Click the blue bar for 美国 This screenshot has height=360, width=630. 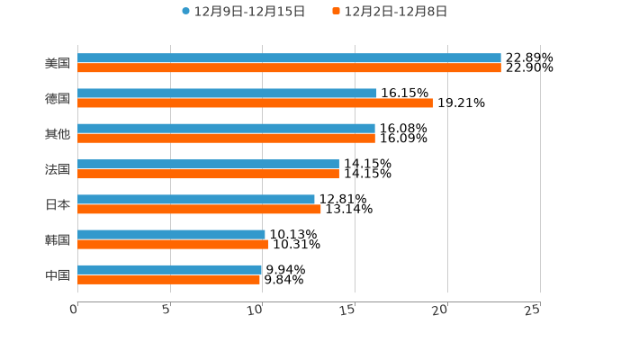[x=289, y=58]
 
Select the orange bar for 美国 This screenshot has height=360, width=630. [x=289, y=68]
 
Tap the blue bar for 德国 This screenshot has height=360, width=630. [x=227, y=94]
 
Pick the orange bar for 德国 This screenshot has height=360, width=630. [x=255, y=103]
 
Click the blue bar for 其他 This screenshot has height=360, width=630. [x=226, y=129]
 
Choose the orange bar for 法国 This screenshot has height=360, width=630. [x=208, y=174]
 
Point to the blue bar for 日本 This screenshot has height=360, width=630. [x=196, y=199]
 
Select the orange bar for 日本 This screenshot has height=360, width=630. [x=199, y=209]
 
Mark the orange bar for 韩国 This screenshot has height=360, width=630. [x=173, y=244]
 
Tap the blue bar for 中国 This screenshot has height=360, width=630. [x=170, y=269]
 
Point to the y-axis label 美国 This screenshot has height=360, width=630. [x=58, y=64]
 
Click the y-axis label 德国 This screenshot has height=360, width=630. [x=58, y=99]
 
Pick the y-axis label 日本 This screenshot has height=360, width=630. [x=58, y=204]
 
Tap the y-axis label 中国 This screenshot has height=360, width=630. [x=58, y=274]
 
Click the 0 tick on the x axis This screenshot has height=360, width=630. [x=75, y=310]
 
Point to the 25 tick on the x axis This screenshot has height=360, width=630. [x=533, y=310]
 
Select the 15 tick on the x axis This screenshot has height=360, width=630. [x=349, y=310]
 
